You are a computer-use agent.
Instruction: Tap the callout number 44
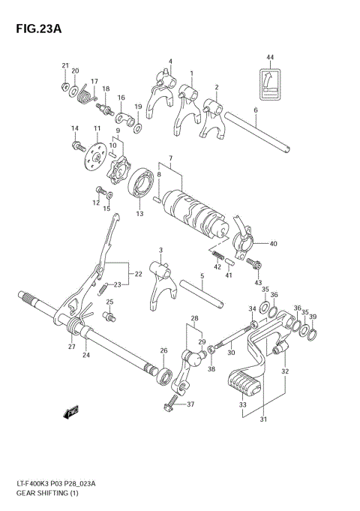[x=270, y=57]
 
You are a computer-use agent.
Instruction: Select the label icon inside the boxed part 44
[x=270, y=83]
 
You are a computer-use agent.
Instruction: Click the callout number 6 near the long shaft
[x=256, y=110]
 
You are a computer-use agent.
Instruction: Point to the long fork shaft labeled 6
[x=255, y=132]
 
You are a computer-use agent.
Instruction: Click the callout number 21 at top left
[x=65, y=65]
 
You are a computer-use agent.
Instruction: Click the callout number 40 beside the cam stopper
[x=273, y=243]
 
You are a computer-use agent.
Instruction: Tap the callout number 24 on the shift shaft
[x=86, y=355]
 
